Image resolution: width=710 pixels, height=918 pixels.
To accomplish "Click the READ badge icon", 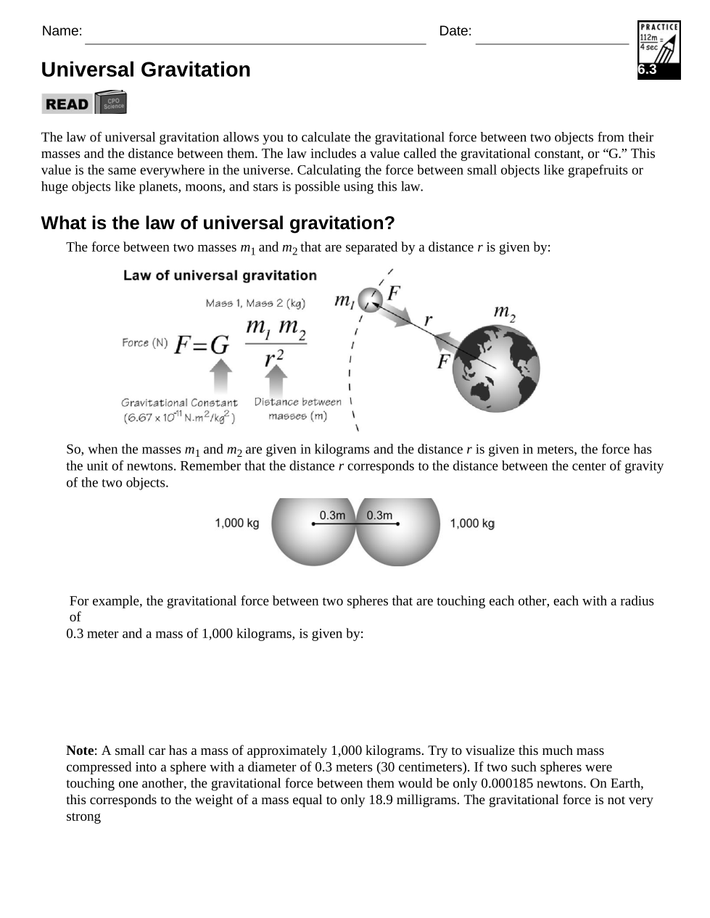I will (83, 103).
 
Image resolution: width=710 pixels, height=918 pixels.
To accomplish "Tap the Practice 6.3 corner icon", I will (659, 50).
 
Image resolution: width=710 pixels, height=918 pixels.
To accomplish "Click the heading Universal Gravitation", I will (146, 70).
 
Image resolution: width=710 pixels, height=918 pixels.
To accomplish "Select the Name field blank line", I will (255, 40).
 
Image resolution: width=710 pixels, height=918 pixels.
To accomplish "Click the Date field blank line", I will (551, 40).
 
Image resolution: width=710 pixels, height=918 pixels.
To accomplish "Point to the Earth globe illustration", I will (496, 368).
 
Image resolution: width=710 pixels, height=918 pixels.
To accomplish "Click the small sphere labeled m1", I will (371, 298).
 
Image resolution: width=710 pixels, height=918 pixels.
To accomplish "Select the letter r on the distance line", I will (429, 319).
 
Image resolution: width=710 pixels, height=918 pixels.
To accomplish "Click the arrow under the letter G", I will (220, 376).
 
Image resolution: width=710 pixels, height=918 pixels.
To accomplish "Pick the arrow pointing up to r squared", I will (276, 380).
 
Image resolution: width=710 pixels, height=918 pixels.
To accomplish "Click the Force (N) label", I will (144, 342).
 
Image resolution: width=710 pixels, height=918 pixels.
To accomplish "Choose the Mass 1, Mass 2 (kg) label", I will (255, 303).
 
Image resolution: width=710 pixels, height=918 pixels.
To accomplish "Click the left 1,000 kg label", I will (236, 523).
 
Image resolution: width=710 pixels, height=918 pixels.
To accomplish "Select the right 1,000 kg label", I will (472, 523).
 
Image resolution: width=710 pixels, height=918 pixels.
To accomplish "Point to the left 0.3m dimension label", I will (332, 515).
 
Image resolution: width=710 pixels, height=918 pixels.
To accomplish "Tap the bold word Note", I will (80, 750).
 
